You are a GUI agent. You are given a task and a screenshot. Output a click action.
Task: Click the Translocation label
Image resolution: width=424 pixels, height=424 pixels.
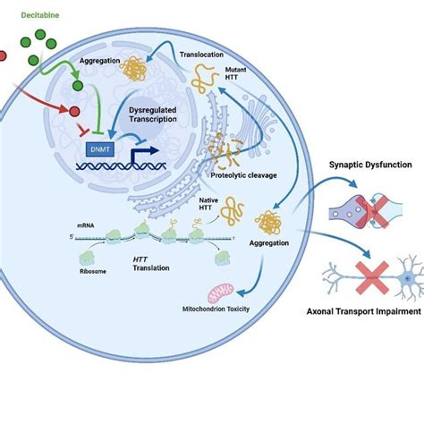coord(202,53)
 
